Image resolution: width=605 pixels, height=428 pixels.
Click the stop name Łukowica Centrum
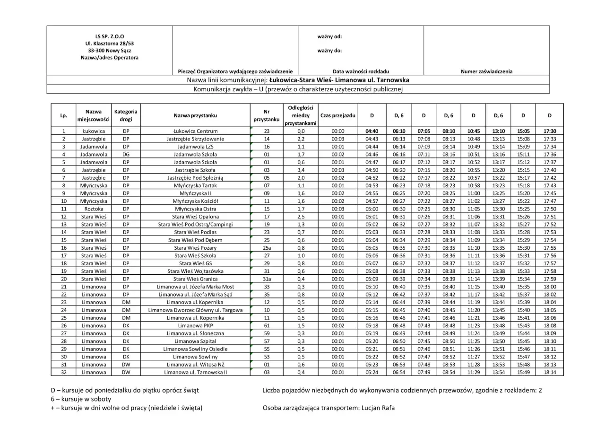pos(195,131)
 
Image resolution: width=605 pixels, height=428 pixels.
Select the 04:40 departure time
pos(372,131)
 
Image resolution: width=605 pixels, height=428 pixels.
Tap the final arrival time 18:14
pos(550,372)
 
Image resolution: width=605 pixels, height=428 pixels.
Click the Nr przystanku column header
pos(267,115)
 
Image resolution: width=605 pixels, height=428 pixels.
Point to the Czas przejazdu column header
pos(338,115)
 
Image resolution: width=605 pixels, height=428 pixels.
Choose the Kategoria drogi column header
pos(126,115)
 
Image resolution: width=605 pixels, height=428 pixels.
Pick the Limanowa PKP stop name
pos(195,326)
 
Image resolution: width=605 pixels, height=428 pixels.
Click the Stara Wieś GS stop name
pos(195,263)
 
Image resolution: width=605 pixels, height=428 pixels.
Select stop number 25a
pos(267,248)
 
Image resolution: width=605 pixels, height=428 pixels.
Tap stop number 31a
pos(267,279)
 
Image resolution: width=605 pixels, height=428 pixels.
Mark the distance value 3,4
pos(301,170)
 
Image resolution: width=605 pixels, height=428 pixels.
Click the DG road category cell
pos(126,154)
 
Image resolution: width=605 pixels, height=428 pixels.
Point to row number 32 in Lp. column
pos(63,372)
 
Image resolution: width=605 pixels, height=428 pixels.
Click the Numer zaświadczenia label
pos(486,71)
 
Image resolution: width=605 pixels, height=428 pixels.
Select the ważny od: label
pos(329,36)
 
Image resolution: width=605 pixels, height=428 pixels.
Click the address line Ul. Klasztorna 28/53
pos(110,43)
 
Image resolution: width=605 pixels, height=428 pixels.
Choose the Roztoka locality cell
pos(94,209)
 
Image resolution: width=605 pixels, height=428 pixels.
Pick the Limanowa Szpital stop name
pos(195,341)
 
